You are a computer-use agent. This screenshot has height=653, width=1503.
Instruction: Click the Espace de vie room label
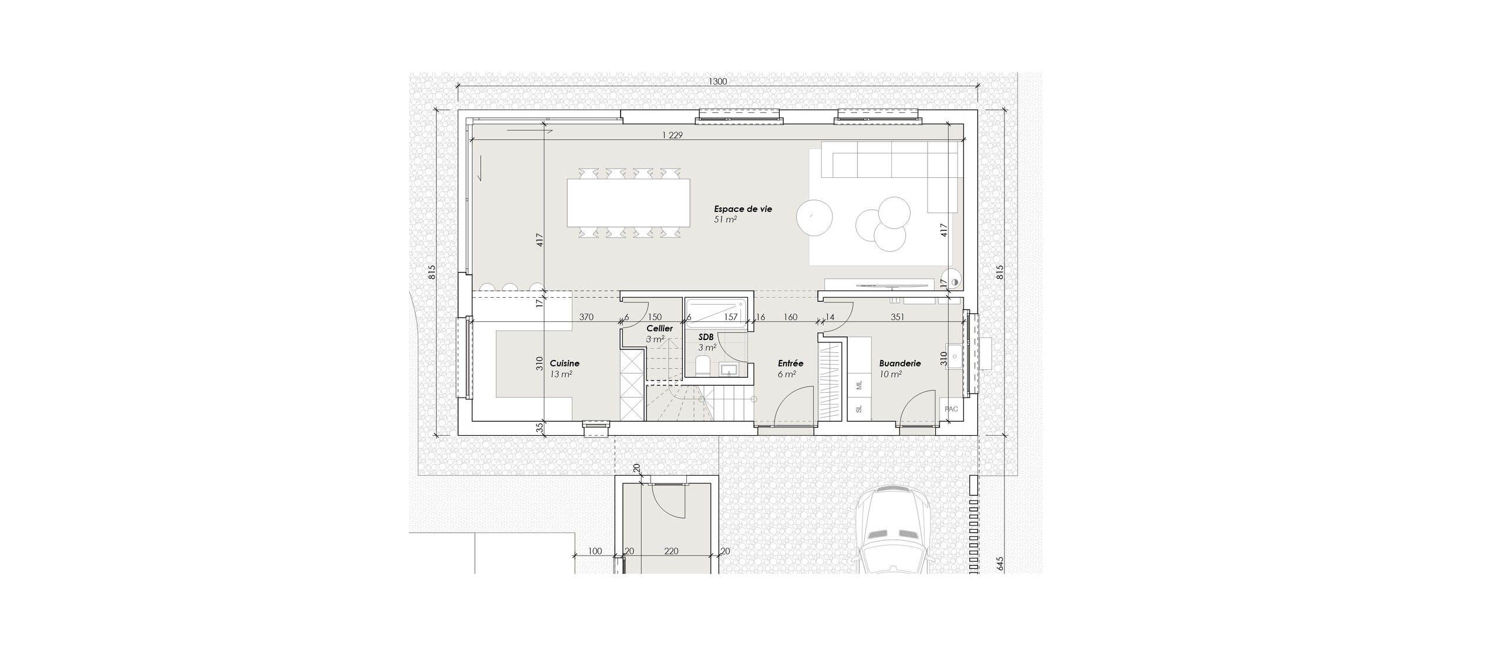tap(743, 208)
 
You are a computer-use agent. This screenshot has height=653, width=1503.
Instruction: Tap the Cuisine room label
tap(564, 363)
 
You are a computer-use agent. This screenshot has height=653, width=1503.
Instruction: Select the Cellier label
tap(659, 328)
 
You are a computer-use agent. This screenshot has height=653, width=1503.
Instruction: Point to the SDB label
tap(706, 337)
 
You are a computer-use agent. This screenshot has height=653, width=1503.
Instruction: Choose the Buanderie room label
tap(900, 363)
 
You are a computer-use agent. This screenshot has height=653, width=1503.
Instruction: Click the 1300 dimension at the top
tap(718, 82)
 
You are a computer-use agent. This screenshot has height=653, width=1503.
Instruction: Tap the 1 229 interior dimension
tap(672, 135)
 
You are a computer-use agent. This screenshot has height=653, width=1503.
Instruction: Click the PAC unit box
tap(951, 409)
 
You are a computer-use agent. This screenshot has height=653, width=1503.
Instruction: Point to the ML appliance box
tap(859, 385)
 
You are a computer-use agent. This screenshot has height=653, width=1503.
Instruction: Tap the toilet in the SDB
tap(703, 367)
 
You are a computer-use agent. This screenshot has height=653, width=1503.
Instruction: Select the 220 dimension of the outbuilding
tap(671, 551)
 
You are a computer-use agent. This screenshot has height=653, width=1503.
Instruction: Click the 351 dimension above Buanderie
tap(897, 317)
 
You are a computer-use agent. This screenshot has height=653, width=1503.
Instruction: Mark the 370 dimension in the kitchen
tap(586, 317)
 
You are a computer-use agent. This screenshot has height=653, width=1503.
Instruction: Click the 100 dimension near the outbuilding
tap(595, 551)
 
